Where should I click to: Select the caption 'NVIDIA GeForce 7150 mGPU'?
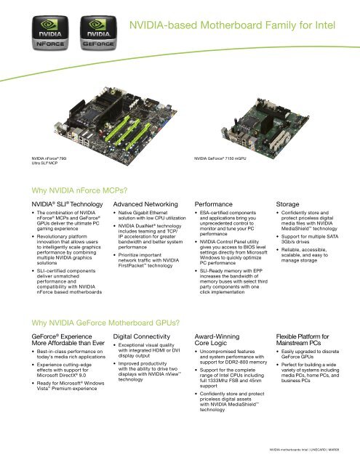point(223,157)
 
